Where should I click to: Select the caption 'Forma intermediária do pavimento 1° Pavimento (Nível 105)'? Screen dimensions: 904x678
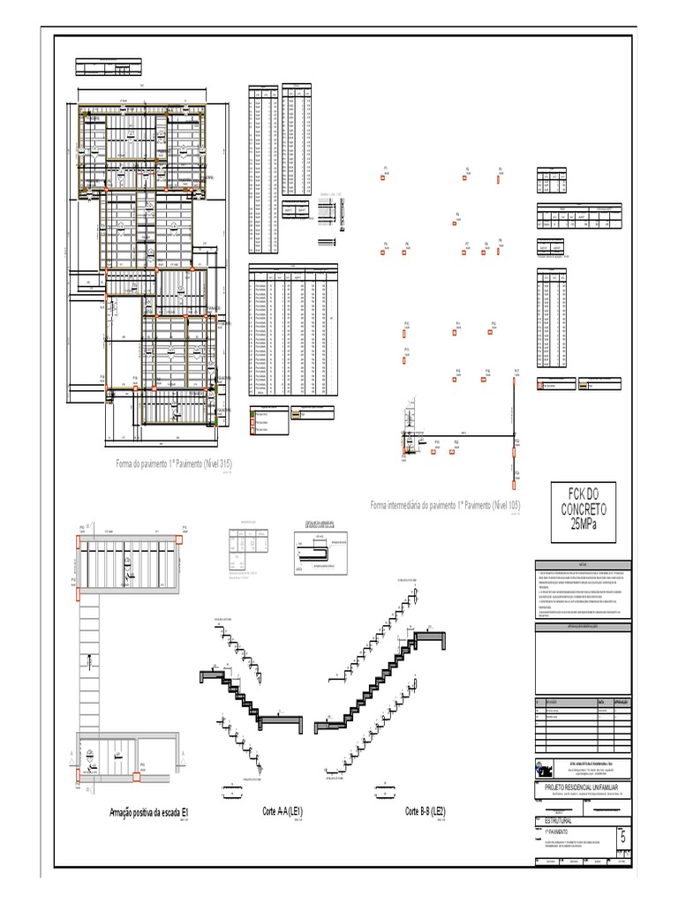[446, 505]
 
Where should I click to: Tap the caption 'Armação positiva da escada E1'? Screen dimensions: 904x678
[150, 812]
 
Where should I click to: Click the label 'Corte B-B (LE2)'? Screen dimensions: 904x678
[426, 810]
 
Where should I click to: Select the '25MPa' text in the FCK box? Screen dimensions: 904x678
[583, 524]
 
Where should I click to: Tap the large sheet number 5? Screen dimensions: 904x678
[624, 838]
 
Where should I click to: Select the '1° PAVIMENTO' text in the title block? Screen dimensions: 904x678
[552, 832]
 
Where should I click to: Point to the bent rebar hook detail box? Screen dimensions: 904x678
[317, 551]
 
